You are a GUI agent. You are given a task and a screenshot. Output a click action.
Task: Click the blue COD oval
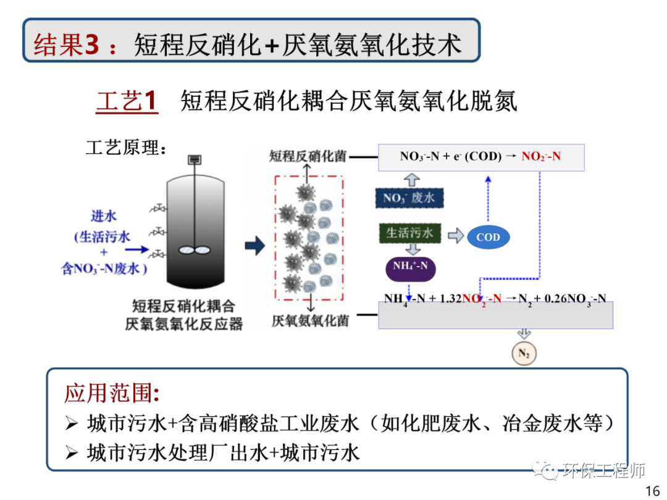point(488,237)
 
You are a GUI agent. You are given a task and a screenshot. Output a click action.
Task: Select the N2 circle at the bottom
point(524,354)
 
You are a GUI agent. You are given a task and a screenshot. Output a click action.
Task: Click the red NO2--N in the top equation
point(541,156)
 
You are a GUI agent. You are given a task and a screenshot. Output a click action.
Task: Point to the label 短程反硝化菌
point(308,156)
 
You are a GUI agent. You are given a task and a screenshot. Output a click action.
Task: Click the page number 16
point(652,491)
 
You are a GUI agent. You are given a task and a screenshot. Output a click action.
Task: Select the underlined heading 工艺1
point(127,101)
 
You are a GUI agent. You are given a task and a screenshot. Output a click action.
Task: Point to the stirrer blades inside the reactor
point(194,250)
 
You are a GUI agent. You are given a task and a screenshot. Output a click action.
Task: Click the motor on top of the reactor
point(195,160)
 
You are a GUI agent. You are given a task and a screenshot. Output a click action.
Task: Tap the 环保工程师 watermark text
point(604,471)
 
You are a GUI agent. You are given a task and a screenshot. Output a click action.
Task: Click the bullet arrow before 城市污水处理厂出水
point(72,454)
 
